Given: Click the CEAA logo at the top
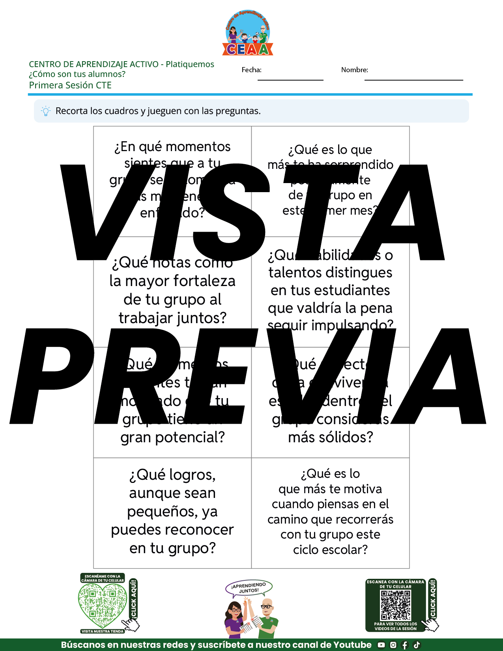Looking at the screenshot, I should [x=248, y=33].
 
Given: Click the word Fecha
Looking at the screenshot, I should [x=251, y=70].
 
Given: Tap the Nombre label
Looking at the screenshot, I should [x=354, y=70].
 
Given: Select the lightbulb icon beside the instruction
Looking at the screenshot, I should [x=46, y=111].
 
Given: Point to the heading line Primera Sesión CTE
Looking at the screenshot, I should [x=70, y=85].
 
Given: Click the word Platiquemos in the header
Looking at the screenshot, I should [x=190, y=64].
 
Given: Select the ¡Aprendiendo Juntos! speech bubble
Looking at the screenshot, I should [x=249, y=588].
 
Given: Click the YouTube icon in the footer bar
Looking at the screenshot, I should [x=381, y=645].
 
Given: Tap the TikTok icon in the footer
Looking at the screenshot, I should [x=417, y=645].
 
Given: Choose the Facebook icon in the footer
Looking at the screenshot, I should [x=405, y=645].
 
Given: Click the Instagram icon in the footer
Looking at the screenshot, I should [x=393, y=645].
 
